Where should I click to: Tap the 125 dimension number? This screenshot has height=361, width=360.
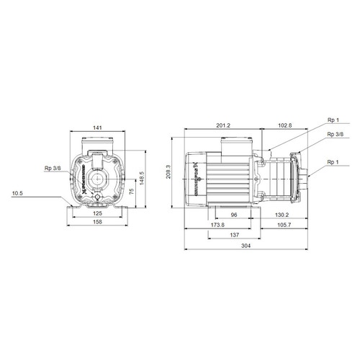96,214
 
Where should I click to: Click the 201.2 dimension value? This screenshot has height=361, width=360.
223,126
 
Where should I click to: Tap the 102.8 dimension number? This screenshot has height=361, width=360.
286,126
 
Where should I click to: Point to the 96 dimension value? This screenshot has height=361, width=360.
233,214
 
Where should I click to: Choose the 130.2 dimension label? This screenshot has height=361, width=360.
282,214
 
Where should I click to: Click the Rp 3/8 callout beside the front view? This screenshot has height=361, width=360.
53,169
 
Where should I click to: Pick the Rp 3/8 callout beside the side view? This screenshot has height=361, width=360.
335,135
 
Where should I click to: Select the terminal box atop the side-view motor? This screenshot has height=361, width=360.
233,147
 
